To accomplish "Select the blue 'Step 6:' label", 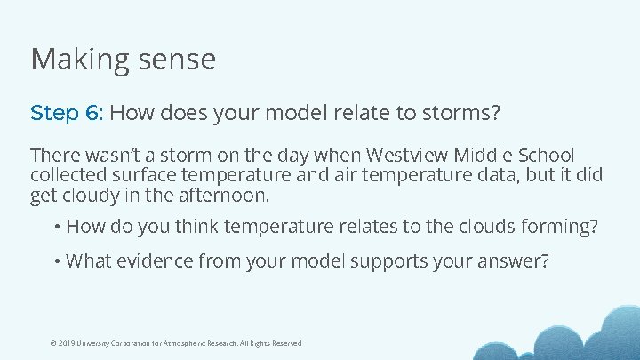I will pos(68,114).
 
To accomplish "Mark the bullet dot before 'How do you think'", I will pos(57,228).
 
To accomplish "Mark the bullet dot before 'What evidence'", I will pos(57,261).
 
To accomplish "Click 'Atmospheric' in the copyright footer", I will pos(185,343).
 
